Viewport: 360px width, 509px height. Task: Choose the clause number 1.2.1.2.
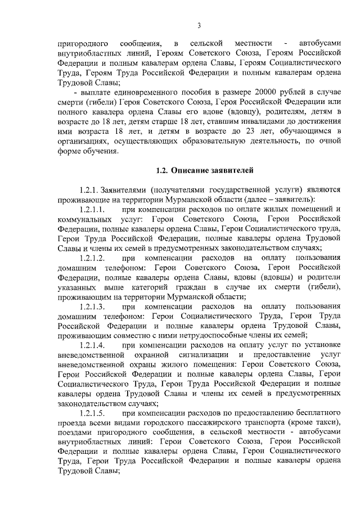pos(93,258)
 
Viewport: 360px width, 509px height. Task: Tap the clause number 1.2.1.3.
pos(93,306)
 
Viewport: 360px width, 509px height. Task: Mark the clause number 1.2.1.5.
pos(93,413)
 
